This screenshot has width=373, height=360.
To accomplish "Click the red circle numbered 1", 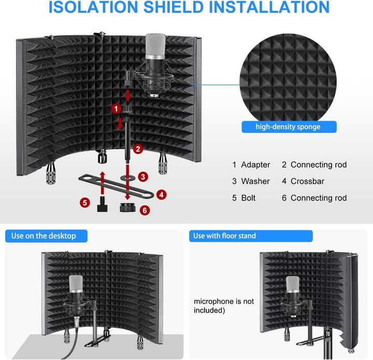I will tap(117, 108).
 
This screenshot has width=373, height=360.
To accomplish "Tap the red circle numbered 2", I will tap(137, 149).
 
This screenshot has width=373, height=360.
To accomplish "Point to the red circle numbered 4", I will tap(162, 195).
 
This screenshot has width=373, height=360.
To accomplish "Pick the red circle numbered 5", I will tap(84, 202).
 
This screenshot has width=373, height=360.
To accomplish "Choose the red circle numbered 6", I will tap(145, 210).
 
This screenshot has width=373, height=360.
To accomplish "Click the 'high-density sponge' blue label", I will tap(289, 127).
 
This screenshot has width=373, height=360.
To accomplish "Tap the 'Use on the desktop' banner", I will tap(44, 236).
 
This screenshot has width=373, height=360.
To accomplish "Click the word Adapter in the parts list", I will tap(255, 165).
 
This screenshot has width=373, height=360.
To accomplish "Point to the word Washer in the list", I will tap(255, 181).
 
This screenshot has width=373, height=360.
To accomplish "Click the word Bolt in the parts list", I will tap(248, 198).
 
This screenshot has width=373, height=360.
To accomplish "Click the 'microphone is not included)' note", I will tap(224, 306).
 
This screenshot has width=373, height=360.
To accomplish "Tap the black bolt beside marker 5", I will tap(102, 205).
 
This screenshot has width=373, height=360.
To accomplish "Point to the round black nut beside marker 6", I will tap(127, 209).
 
